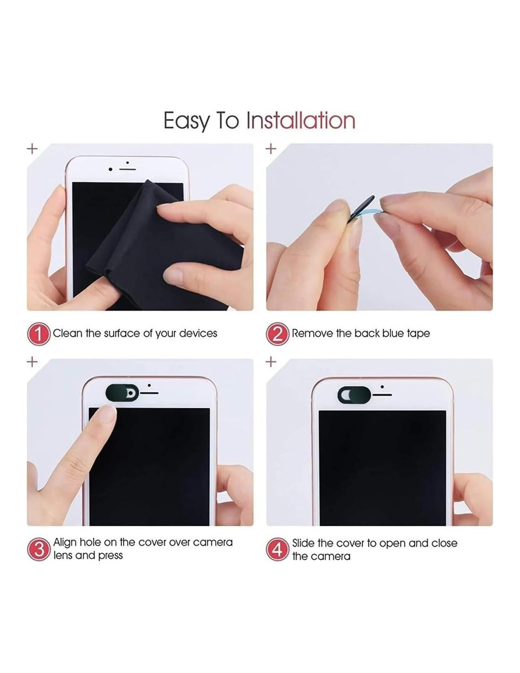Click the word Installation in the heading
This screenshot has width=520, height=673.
[300, 121]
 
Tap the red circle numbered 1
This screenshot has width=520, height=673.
[39, 334]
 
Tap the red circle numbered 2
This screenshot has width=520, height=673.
[277, 334]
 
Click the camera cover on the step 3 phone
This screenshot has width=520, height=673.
[122, 393]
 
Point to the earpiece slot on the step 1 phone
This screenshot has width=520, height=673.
[128, 169]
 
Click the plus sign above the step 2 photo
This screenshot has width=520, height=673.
[271, 149]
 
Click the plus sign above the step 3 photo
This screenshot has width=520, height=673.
[32, 362]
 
